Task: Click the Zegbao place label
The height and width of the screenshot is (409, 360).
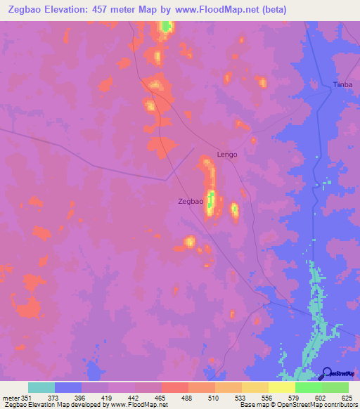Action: tap(191, 202)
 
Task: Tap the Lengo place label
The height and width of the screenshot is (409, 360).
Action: tap(227, 155)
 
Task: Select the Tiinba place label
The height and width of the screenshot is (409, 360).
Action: tap(342, 85)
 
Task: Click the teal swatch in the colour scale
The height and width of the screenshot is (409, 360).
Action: tap(41, 387)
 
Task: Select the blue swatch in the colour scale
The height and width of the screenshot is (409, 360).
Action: tap(68, 387)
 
